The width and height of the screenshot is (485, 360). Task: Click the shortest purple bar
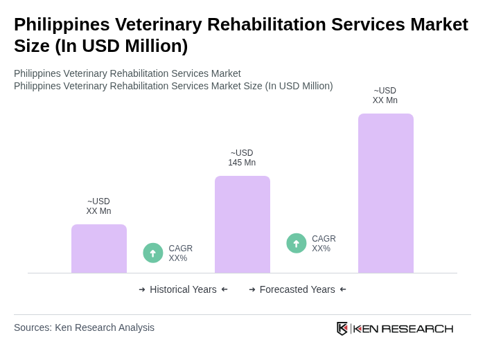(x=99, y=249)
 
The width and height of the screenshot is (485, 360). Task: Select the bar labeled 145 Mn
(x=242, y=224)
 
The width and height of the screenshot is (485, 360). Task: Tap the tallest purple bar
(x=385, y=193)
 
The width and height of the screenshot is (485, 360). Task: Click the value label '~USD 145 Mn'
(x=242, y=158)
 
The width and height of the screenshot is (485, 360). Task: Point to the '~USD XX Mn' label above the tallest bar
(x=385, y=96)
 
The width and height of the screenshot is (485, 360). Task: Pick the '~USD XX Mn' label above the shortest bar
(x=98, y=206)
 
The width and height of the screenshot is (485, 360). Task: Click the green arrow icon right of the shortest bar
(x=153, y=253)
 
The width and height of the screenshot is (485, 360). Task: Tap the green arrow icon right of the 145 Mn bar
(x=297, y=243)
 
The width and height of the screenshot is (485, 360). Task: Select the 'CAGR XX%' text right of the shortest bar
(x=180, y=253)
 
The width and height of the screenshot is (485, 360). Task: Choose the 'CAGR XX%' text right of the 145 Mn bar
(x=324, y=244)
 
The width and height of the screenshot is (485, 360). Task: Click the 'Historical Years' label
(x=183, y=289)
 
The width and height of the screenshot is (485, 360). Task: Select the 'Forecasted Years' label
(x=297, y=289)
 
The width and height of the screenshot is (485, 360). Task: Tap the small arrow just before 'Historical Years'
(x=142, y=289)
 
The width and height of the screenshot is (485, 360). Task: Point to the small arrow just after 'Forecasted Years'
(x=343, y=289)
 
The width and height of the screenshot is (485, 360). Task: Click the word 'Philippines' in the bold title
(x=62, y=24)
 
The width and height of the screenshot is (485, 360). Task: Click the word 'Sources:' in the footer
(x=33, y=327)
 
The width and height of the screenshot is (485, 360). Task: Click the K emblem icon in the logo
(x=342, y=328)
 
